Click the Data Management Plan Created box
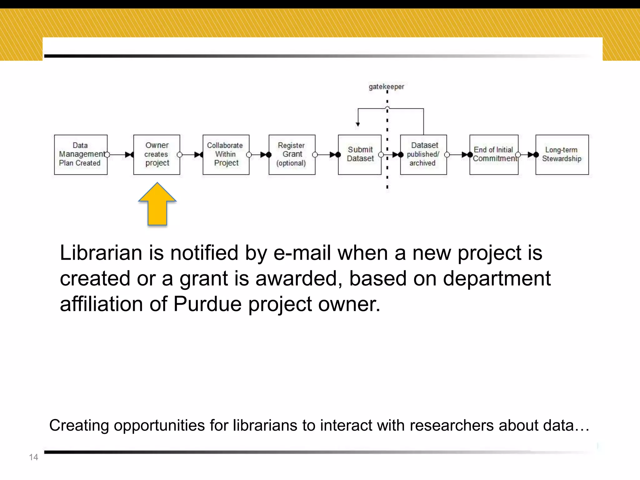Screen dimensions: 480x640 point(81,155)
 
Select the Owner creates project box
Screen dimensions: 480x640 point(157,155)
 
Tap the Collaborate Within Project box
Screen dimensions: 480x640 point(226,155)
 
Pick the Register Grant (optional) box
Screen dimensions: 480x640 point(292,155)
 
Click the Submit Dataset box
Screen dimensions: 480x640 point(360,155)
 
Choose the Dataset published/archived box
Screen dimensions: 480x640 point(423,155)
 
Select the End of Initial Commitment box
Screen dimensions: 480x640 point(494,155)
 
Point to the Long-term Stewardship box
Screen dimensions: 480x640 point(562,155)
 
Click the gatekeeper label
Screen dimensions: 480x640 point(386,87)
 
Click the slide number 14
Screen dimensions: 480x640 point(33,457)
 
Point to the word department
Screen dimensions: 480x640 point(497,278)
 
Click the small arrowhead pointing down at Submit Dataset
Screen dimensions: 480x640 point(358,124)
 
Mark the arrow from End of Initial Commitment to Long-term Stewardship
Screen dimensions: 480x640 point(527,155)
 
